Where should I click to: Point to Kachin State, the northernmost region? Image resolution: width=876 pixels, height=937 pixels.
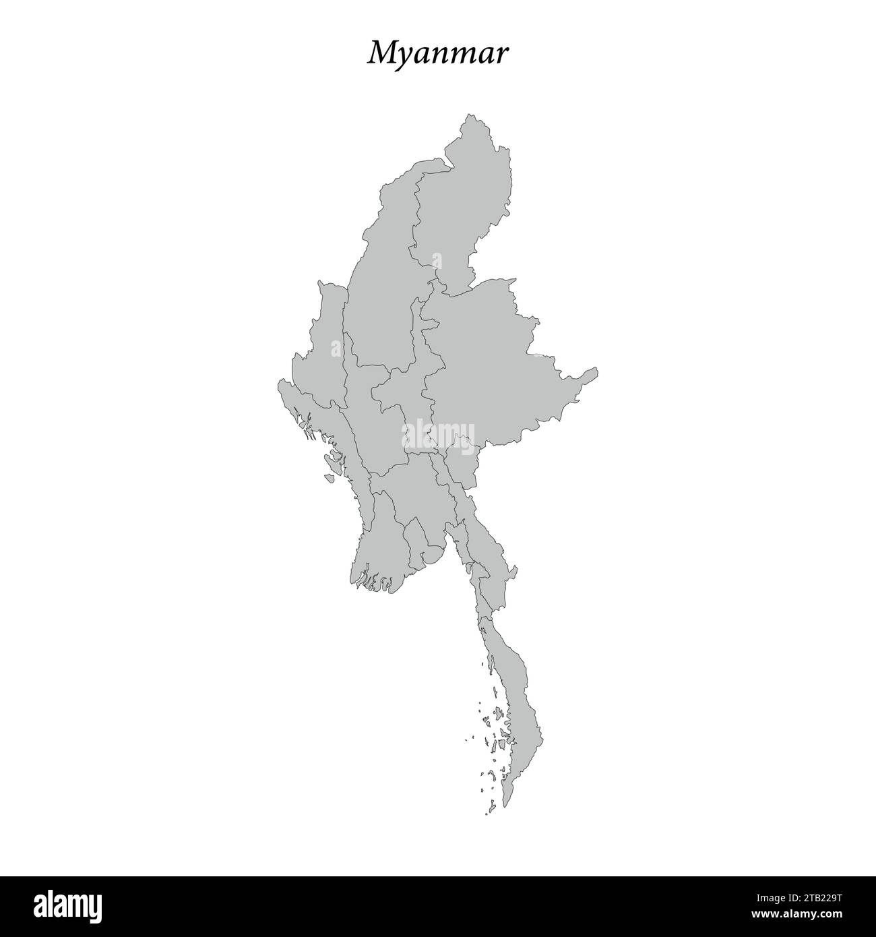point(465,202)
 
